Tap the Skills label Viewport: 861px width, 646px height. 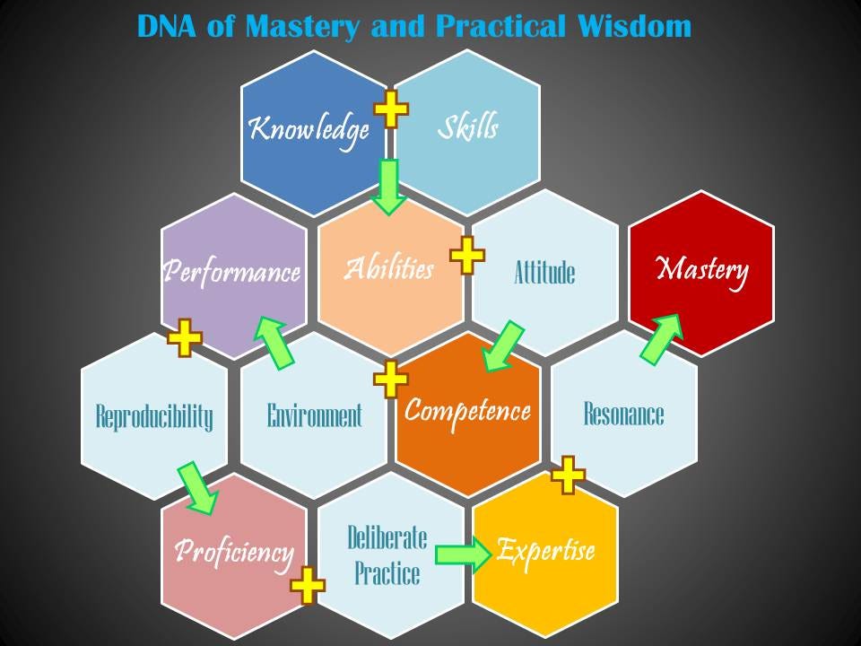point(468,127)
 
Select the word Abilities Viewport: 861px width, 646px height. point(389,268)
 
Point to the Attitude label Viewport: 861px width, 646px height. point(544,273)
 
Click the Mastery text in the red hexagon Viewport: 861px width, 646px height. point(702,271)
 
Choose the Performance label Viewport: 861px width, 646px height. point(232,271)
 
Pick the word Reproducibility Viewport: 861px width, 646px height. point(154,416)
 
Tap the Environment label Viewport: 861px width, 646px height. point(315,415)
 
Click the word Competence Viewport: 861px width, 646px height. point(468,412)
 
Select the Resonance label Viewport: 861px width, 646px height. point(624,414)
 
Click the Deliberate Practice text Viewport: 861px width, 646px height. point(387,555)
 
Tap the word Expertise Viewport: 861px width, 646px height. point(546,550)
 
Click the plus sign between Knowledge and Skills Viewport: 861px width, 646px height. point(391,109)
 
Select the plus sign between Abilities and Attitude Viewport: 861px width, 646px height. point(467,256)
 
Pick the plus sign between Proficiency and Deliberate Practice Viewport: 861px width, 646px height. point(308,586)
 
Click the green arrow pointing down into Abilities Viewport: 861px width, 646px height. point(388,188)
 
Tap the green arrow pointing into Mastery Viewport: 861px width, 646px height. point(662,339)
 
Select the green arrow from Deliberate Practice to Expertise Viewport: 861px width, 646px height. point(464,554)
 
